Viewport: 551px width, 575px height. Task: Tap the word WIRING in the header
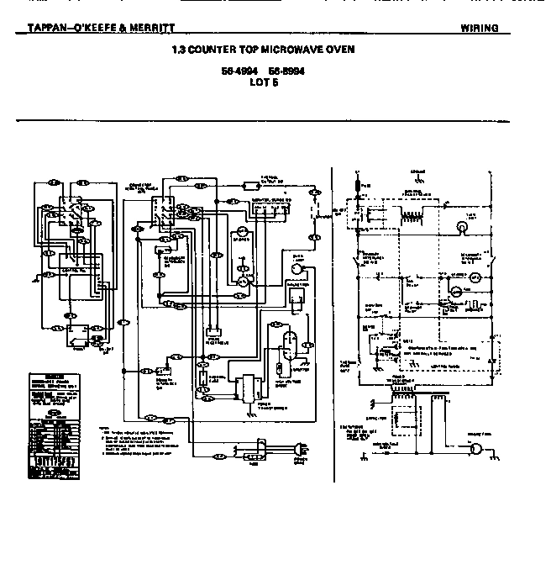479,28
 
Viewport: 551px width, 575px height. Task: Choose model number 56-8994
286,72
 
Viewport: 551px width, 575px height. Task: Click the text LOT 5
263,82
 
